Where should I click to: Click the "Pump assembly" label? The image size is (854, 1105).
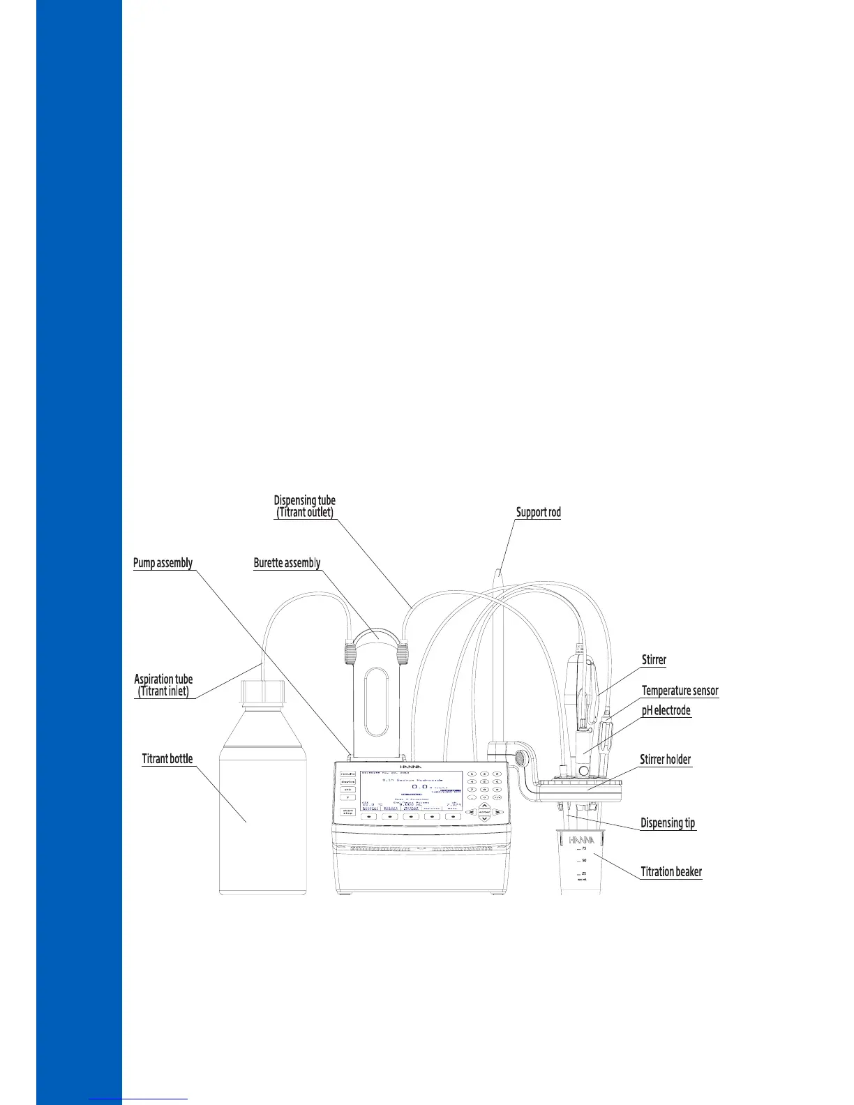click(163, 563)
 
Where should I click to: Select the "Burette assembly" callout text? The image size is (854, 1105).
click(287, 563)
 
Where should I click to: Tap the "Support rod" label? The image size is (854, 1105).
click(538, 512)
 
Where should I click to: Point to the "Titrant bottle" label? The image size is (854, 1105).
click(167, 759)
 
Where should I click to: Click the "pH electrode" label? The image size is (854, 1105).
click(666, 711)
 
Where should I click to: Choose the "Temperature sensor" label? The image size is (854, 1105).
click(680, 691)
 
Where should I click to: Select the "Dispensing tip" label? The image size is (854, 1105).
click(668, 823)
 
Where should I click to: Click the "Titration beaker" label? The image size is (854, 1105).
click(671, 871)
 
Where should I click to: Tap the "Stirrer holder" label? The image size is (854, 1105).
click(666, 760)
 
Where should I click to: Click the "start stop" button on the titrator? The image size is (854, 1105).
click(347, 811)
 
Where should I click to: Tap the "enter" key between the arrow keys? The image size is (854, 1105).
click(484, 812)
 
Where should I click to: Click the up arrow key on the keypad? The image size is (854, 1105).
click(484, 805)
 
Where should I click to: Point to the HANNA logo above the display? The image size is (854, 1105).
click(412, 765)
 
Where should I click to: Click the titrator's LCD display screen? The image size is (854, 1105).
click(411, 791)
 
